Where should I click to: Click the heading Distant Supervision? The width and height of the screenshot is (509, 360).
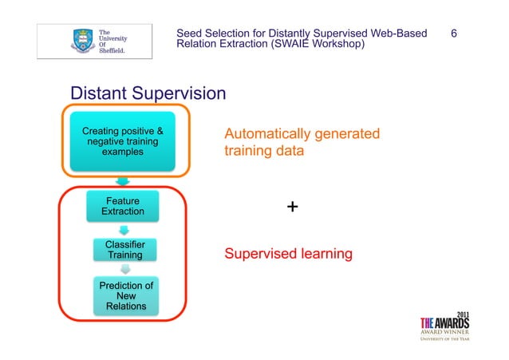(148, 94)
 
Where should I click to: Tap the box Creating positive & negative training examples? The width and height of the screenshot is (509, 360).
(123, 140)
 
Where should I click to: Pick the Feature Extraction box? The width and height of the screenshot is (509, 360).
(123, 206)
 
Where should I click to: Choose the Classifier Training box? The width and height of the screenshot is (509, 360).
(125, 249)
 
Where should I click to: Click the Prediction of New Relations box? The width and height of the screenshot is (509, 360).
(125, 295)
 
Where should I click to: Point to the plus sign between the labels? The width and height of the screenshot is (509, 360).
(293, 208)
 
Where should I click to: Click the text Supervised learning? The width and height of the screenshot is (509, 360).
(288, 255)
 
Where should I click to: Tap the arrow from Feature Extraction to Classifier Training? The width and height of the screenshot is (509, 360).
(124, 229)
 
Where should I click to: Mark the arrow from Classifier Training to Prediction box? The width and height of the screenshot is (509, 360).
(124, 270)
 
